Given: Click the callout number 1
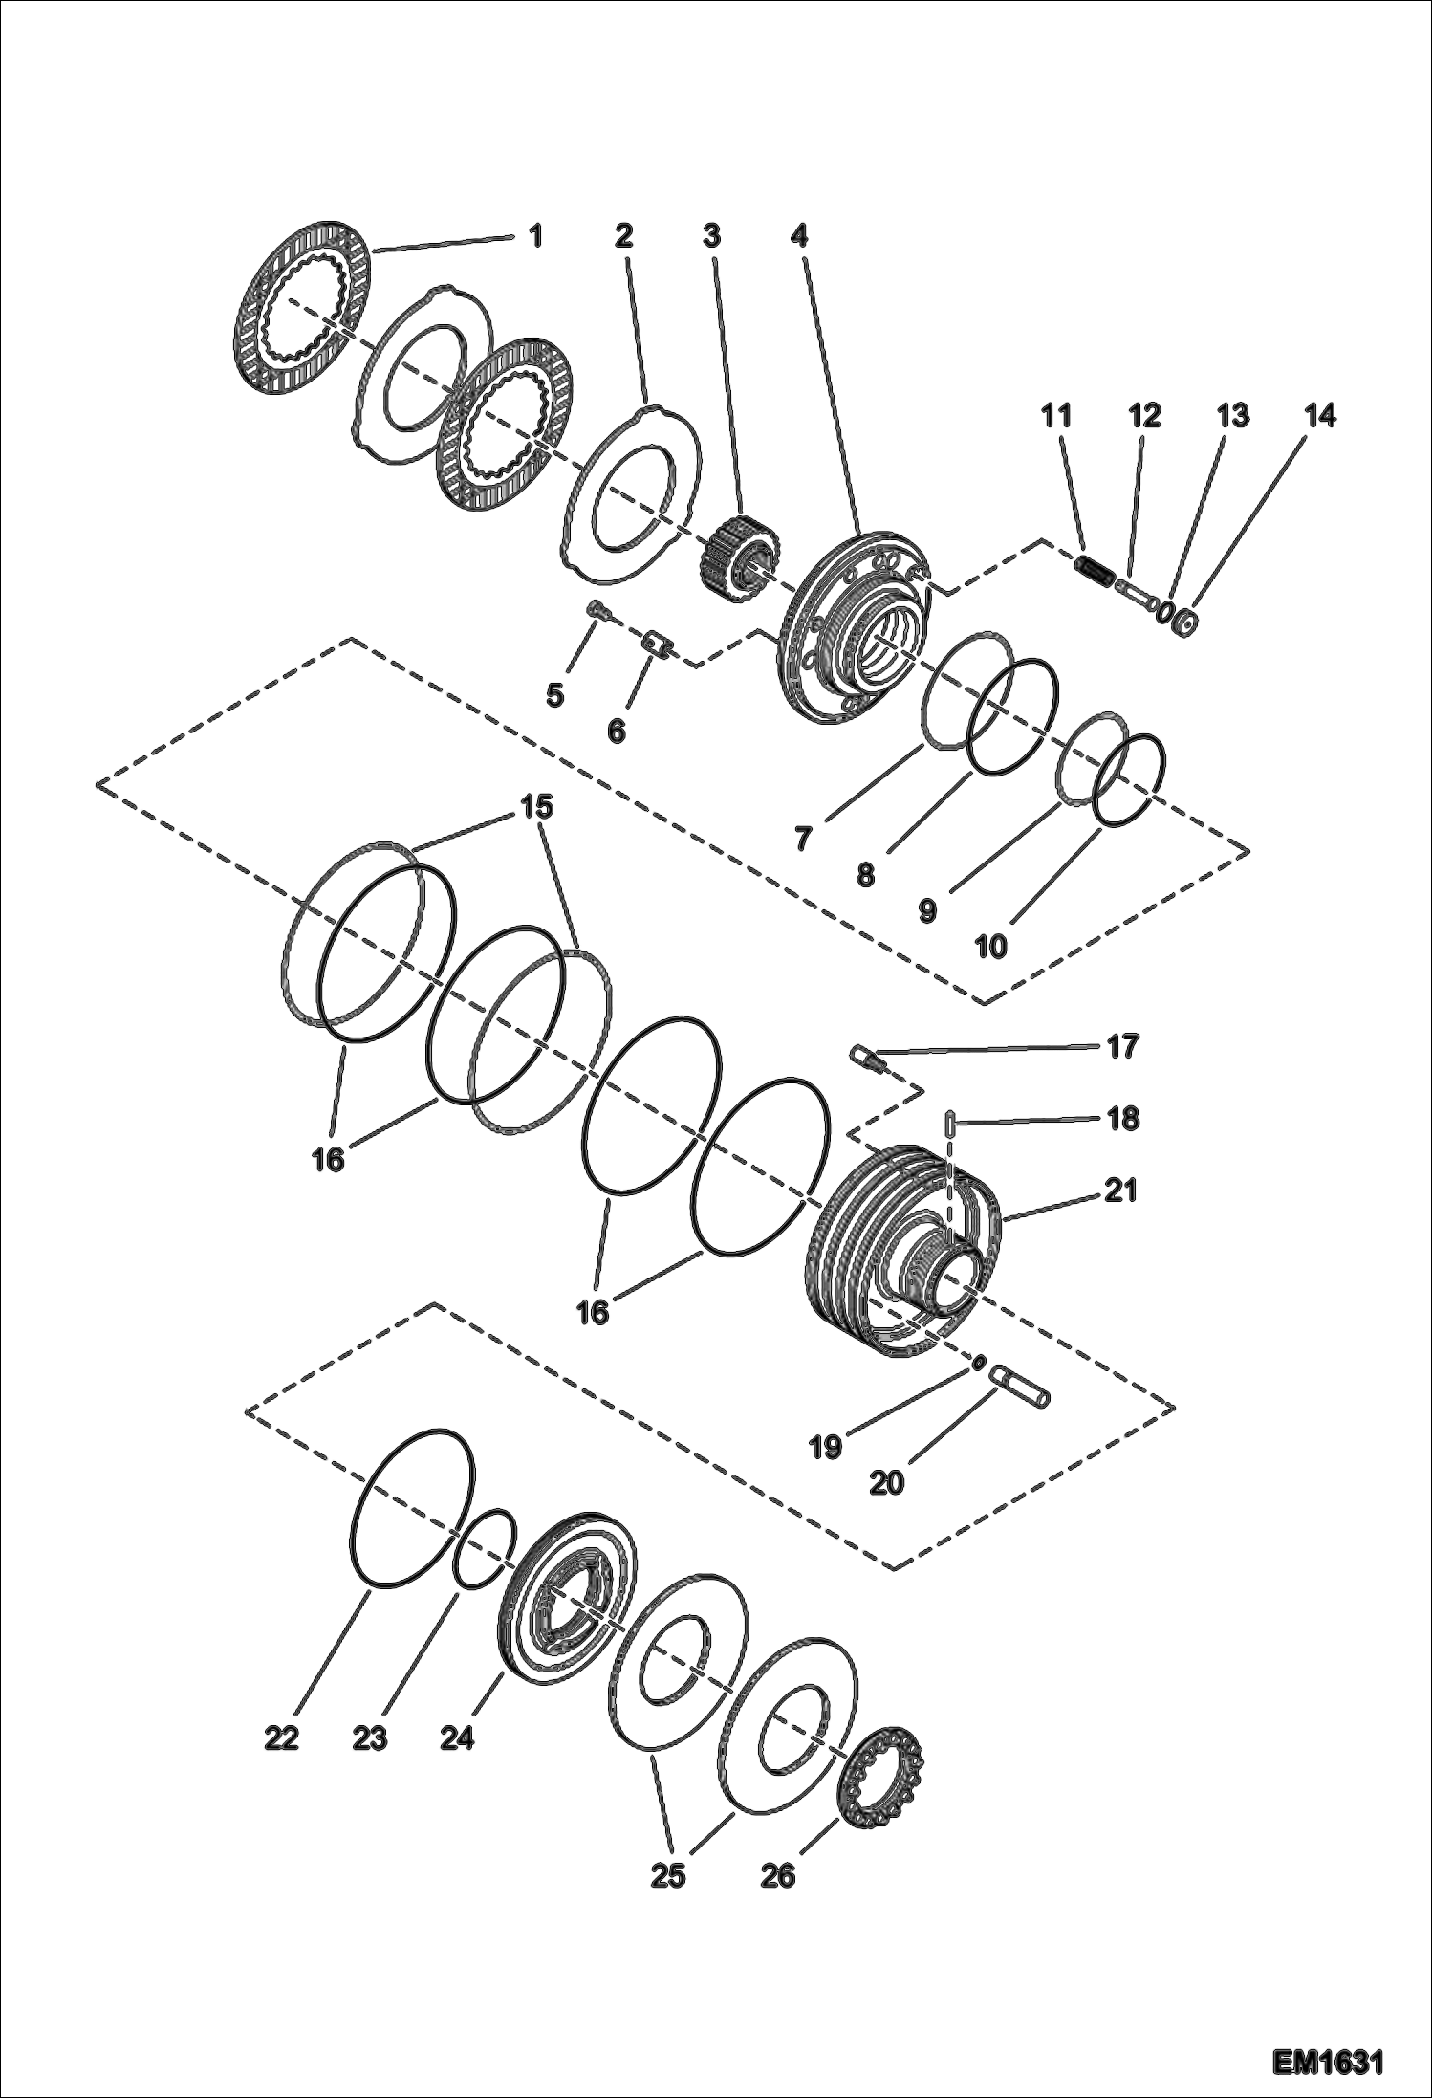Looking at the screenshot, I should tap(535, 234).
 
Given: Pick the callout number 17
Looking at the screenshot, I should tap(1124, 1046).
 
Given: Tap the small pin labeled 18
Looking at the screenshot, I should tap(948, 1123).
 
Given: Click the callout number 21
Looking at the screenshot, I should tap(1120, 1191).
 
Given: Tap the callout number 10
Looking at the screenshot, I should tap(990, 947).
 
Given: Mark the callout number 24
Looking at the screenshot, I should tap(457, 1737).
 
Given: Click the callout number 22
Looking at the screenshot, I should tap(281, 1737).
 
